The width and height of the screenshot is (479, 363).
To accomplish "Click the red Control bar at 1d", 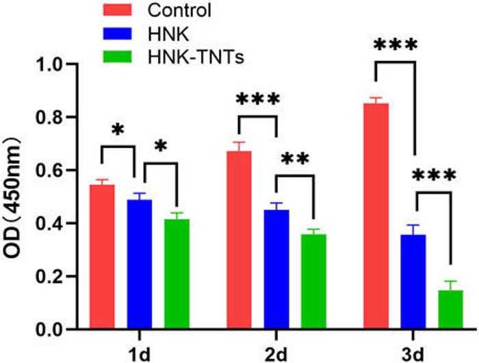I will pyautogui.click(x=102, y=257).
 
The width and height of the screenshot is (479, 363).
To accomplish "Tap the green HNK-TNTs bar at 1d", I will pyautogui.click(x=177, y=274).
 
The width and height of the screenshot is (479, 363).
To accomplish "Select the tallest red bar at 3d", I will pyautogui.click(x=376, y=216).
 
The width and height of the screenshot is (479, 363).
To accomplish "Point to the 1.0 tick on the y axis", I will pyautogui.click(x=50, y=64).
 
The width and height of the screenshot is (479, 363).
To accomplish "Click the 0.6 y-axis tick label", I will pyautogui.click(x=50, y=171).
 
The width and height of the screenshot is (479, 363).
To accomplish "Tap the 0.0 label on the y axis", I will pyautogui.click(x=50, y=329).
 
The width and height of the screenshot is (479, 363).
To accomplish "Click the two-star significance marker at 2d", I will pyautogui.click(x=295, y=159).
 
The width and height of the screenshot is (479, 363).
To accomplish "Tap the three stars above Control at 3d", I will pyautogui.click(x=395, y=46).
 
